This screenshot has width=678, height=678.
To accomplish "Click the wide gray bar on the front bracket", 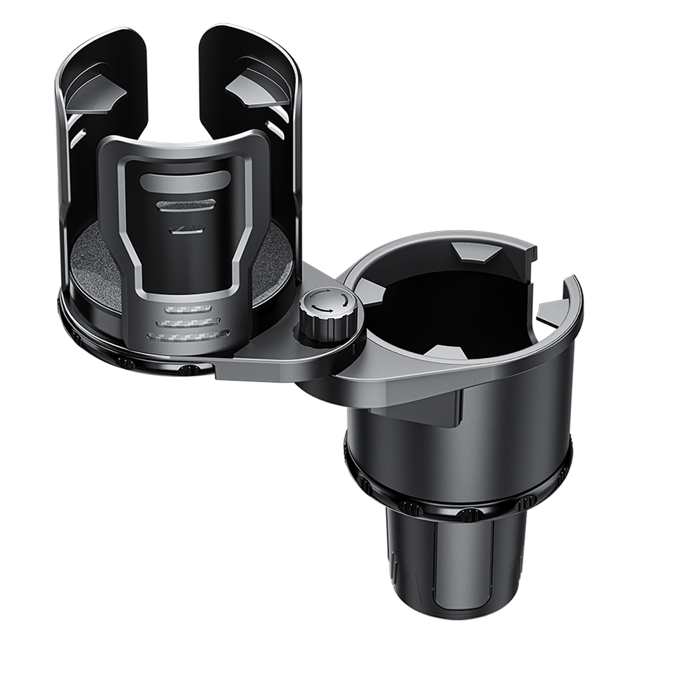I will pyautogui.click(x=185, y=180).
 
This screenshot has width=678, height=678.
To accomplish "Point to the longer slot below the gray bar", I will pyautogui.click(x=186, y=204).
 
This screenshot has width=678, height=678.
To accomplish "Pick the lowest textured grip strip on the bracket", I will pyautogui.click(x=188, y=335).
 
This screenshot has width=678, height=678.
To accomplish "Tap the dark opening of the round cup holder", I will pyautogui.click(x=447, y=305).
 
